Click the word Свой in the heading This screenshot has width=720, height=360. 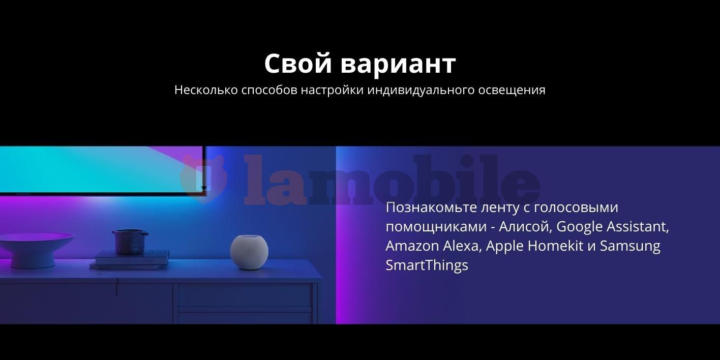pyautogui.click(x=298, y=64)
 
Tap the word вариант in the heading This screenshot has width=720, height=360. pyautogui.click(x=398, y=64)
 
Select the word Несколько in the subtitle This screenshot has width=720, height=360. pyautogui.click(x=206, y=90)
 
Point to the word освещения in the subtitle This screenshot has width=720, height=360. pyautogui.click(x=512, y=91)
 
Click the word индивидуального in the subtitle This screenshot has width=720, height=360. pyautogui.click(x=422, y=91)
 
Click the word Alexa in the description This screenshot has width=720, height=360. pyautogui.click(x=462, y=246)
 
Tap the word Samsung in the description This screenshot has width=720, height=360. pyautogui.click(x=631, y=247)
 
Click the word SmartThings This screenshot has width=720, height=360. pyautogui.click(x=427, y=266)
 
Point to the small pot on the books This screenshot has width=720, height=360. pyautogui.click(x=130, y=241)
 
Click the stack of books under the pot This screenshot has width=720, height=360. pyautogui.click(x=130, y=260)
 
